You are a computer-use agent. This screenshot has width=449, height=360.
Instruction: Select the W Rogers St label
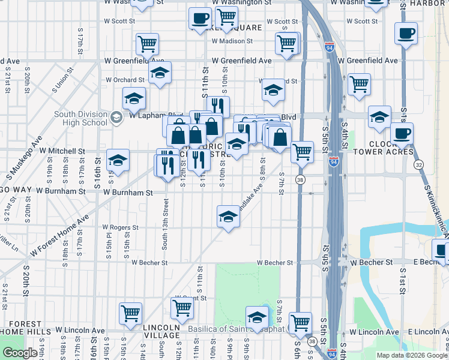pyautogui.click(x=120, y=228)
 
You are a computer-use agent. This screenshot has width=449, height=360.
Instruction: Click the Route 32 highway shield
pyautogui.click(x=418, y=164)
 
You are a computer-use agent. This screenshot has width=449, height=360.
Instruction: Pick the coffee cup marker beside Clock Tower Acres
pyautogui.click(x=402, y=134)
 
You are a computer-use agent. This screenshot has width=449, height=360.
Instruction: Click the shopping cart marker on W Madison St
pyautogui.click(x=287, y=43)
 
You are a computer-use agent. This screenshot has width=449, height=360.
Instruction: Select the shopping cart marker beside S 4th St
pyautogui.click(x=359, y=84)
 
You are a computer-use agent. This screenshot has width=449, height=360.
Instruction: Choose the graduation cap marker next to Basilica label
pyautogui.click(x=257, y=316)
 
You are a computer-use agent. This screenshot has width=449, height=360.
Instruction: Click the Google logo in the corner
pyautogui.click(x=20, y=353)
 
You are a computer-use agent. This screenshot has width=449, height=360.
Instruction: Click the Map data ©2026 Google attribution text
pyautogui.click(x=412, y=355)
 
